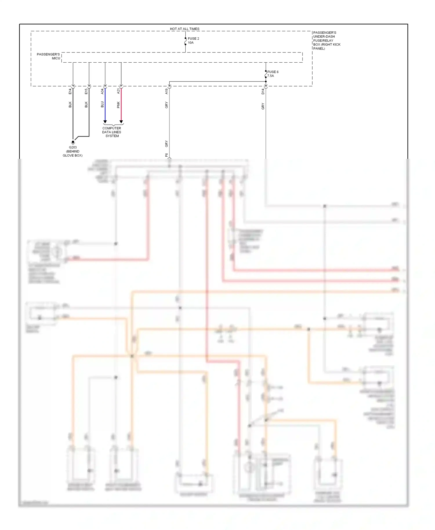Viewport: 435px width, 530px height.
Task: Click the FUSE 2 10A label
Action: point(193,41)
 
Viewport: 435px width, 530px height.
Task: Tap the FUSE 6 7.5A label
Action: point(273,74)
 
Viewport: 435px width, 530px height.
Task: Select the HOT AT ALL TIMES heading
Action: point(184,29)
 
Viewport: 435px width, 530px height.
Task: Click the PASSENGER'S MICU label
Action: point(48,56)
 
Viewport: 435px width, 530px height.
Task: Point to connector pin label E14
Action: point(70,91)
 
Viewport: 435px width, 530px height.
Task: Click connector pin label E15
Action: point(86,91)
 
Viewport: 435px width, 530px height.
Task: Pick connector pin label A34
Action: point(102,91)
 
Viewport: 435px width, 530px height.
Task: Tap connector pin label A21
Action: point(118,91)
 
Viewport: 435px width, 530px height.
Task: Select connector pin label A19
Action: point(166,91)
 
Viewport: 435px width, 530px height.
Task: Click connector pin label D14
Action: point(263,91)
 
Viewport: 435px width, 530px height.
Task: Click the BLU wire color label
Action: point(102,104)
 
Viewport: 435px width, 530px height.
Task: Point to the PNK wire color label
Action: point(118,105)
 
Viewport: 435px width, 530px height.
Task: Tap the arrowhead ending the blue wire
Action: point(105,122)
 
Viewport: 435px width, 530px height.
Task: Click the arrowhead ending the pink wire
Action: point(121,122)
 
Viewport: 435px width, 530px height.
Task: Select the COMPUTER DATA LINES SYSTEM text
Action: point(112,132)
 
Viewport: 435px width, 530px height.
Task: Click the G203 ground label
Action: point(73,148)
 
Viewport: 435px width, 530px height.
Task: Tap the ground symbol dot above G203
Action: point(73,142)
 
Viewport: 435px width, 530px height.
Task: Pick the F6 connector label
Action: point(166,155)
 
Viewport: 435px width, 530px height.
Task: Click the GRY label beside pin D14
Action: point(263,106)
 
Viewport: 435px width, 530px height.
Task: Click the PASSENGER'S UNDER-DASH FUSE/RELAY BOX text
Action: point(327,40)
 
